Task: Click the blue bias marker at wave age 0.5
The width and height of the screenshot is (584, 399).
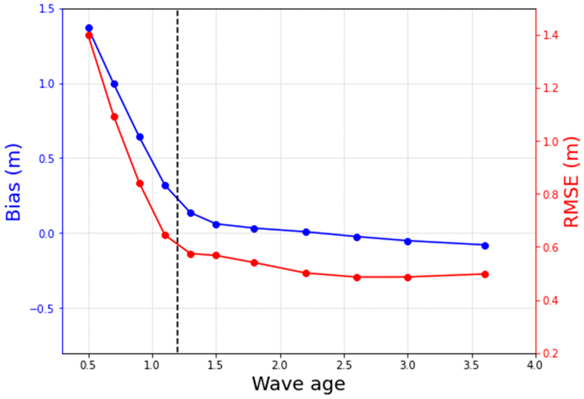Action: click(x=89, y=28)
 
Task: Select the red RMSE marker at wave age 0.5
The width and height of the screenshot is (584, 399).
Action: click(x=89, y=35)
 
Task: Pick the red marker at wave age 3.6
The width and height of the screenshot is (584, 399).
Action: click(x=485, y=274)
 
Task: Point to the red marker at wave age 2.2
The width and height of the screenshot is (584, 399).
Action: click(x=306, y=273)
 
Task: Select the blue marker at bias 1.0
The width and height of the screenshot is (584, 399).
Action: click(x=115, y=84)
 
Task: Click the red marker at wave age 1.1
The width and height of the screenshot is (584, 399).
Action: click(x=165, y=235)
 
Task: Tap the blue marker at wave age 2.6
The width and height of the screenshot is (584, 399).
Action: click(x=357, y=237)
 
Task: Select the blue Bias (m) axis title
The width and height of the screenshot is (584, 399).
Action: click(x=13, y=183)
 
